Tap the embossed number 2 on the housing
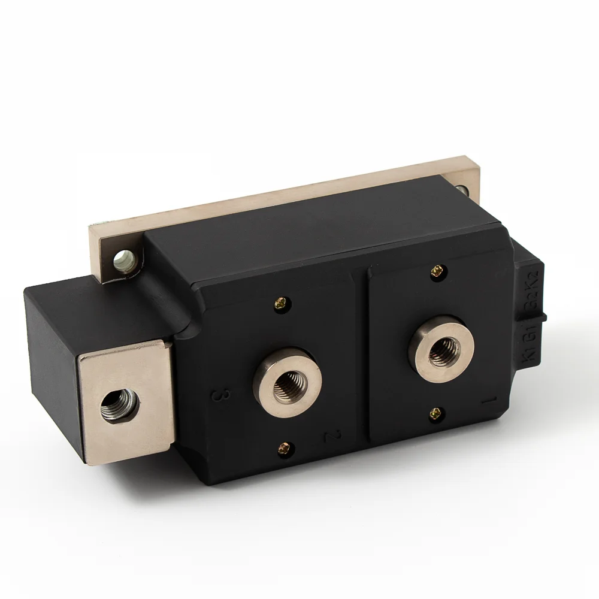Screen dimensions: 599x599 click(327, 435)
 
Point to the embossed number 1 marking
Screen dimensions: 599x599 click(489, 400)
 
